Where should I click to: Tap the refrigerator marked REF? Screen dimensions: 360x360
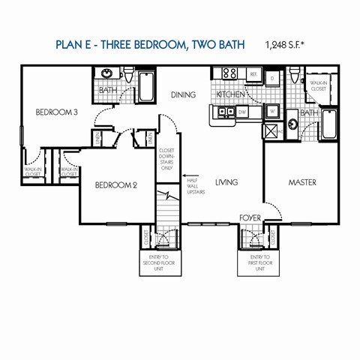click(253, 75)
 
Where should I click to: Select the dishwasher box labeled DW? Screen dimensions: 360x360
click(242, 112)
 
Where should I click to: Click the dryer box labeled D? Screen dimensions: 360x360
click(273, 77)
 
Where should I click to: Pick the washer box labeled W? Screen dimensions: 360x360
click(272, 112)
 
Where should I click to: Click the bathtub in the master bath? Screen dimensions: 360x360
click(329, 124)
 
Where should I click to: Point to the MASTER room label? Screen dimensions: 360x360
click(302, 182)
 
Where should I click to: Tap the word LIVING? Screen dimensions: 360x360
click(226, 182)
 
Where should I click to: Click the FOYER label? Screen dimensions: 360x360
click(250, 217)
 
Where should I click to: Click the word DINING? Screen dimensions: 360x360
click(183, 95)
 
